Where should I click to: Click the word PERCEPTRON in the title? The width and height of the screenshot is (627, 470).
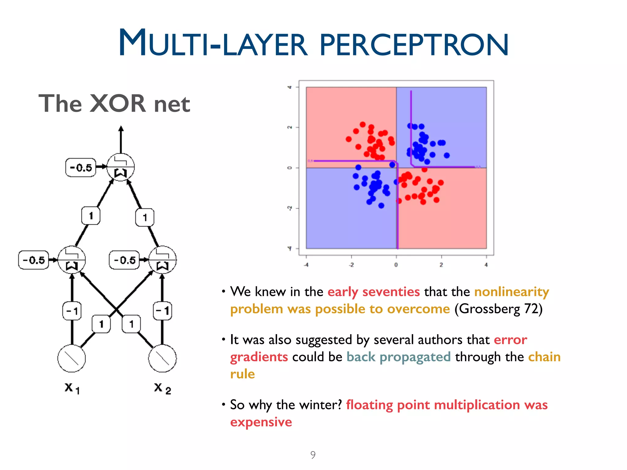(x=414, y=45)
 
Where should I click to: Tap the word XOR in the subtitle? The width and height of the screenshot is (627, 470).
(x=118, y=104)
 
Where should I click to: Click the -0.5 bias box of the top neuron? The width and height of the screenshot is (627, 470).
(x=81, y=167)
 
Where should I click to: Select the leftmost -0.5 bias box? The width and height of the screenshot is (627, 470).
(x=34, y=260)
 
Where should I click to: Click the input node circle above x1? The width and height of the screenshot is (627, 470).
(x=72, y=358)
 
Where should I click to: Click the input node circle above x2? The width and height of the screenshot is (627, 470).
(x=162, y=358)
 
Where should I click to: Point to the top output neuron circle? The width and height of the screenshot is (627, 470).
(x=121, y=167)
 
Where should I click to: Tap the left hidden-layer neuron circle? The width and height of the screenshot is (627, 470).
(x=72, y=260)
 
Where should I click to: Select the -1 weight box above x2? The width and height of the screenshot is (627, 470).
(x=162, y=311)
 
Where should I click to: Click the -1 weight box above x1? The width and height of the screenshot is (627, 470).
(x=72, y=311)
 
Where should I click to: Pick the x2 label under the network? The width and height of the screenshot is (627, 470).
(x=162, y=388)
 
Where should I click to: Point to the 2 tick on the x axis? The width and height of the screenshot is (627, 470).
(x=441, y=265)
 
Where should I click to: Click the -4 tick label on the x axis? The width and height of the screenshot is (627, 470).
(x=306, y=265)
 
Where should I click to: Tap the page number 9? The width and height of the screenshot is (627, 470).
(x=313, y=455)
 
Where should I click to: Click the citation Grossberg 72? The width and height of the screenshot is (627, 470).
(x=498, y=309)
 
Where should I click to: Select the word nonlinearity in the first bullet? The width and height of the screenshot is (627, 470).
(x=512, y=292)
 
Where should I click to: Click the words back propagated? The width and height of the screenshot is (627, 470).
(x=398, y=357)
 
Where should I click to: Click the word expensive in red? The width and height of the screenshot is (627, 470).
(x=261, y=422)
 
